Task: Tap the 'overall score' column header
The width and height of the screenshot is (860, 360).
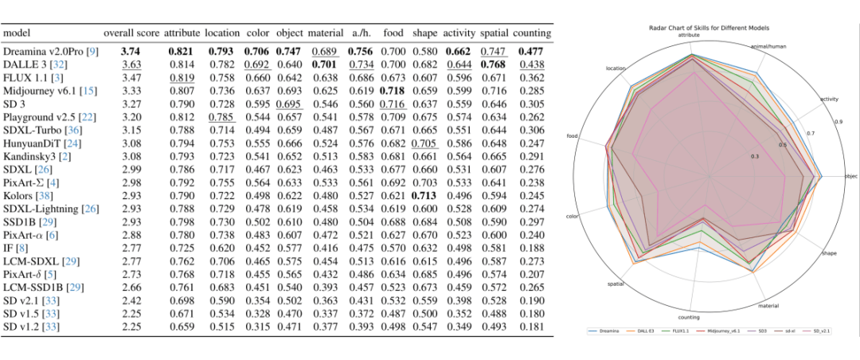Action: [x=131, y=35]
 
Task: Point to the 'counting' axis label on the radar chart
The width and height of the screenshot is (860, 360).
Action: [x=690, y=316]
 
